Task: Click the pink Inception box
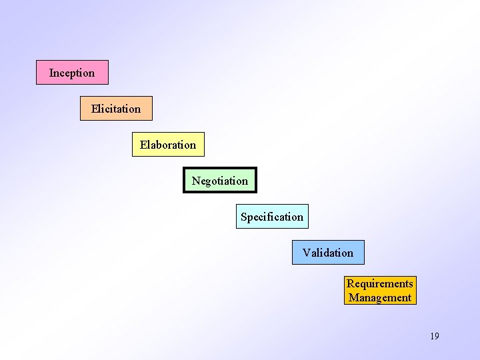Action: [72, 72]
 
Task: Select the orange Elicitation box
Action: [116, 108]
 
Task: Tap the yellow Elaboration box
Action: [168, 144]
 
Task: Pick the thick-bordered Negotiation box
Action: [220, 180]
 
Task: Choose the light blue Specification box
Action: [272, 216]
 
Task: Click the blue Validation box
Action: [328, 252]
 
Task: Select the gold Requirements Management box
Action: [380, 291]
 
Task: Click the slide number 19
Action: [435, 336]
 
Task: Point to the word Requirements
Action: [380, 284]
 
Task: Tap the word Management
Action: [380, 298]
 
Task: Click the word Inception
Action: [72, 73]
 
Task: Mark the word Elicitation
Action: [116, 109]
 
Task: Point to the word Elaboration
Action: [168, 145]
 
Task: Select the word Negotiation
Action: [220, 181]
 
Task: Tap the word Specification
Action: [272, 217]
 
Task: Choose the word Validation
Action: [328, 253]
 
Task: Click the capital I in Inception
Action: [51, 73]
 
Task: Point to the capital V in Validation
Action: [306, 253]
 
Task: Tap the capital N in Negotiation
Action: [196, 181]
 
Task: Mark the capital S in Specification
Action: [244, 217]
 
